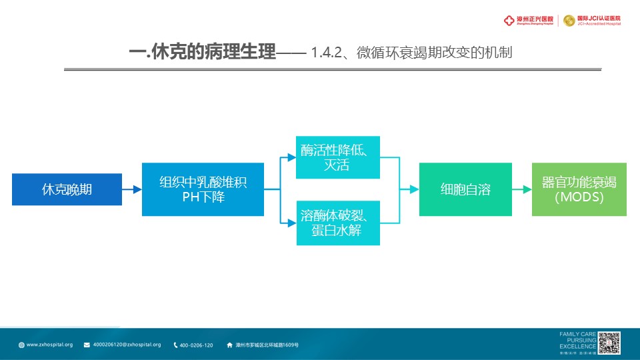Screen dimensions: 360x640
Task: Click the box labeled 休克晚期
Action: [x=67, y=189]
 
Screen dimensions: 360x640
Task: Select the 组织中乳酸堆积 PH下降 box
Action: [x=203, y=189]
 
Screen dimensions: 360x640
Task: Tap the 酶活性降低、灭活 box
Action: [x=338, y=157]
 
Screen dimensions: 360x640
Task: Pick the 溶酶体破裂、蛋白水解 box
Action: [x=338, y=223]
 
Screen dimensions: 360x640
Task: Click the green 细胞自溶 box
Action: [x=465, y=189]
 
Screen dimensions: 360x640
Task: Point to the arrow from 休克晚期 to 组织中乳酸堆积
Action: [x=132, y=189]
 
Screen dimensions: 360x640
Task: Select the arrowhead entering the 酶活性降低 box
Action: [x=292, y=157]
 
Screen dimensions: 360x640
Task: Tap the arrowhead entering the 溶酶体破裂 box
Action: [x=292, y=223]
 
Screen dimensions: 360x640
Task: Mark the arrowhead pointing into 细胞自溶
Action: [x=414, y=189]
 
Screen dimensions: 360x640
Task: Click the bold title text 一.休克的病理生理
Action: [x=203, y=53]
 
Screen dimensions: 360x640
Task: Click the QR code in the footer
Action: [x=609, y=343]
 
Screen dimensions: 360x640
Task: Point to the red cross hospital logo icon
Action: [x=509, y=21]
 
